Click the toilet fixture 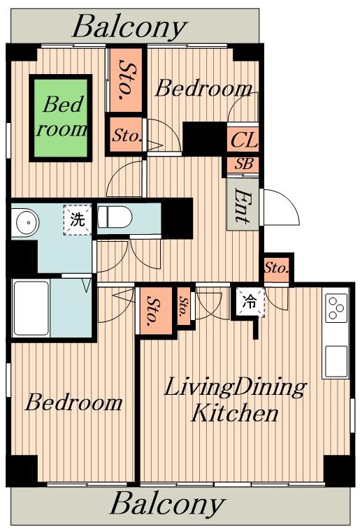click(x=114, y=217)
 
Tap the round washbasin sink click(x=25, y=222)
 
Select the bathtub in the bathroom click(x=31, y=308)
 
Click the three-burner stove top click(x=336, y=308)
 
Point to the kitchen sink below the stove click(x=336, y=361)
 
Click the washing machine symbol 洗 click(x=78, y=219)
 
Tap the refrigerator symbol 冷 click(x=250, y=302)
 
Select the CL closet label click(x=243, y=140)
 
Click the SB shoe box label click(x=243, y=164)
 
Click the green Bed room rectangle click(x=61, y=117)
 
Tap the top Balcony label click(x=129, y=27)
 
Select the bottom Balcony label click(x=167, y=503)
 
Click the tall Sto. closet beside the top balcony click(x=126, y=80)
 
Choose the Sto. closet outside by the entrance click(x=276, y=268)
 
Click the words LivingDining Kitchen click(x=235, y=400)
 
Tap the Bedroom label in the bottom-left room click(x=73, y=402)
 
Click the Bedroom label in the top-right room click(x=204, y=88)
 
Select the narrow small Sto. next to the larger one click(x=184, y=306)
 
